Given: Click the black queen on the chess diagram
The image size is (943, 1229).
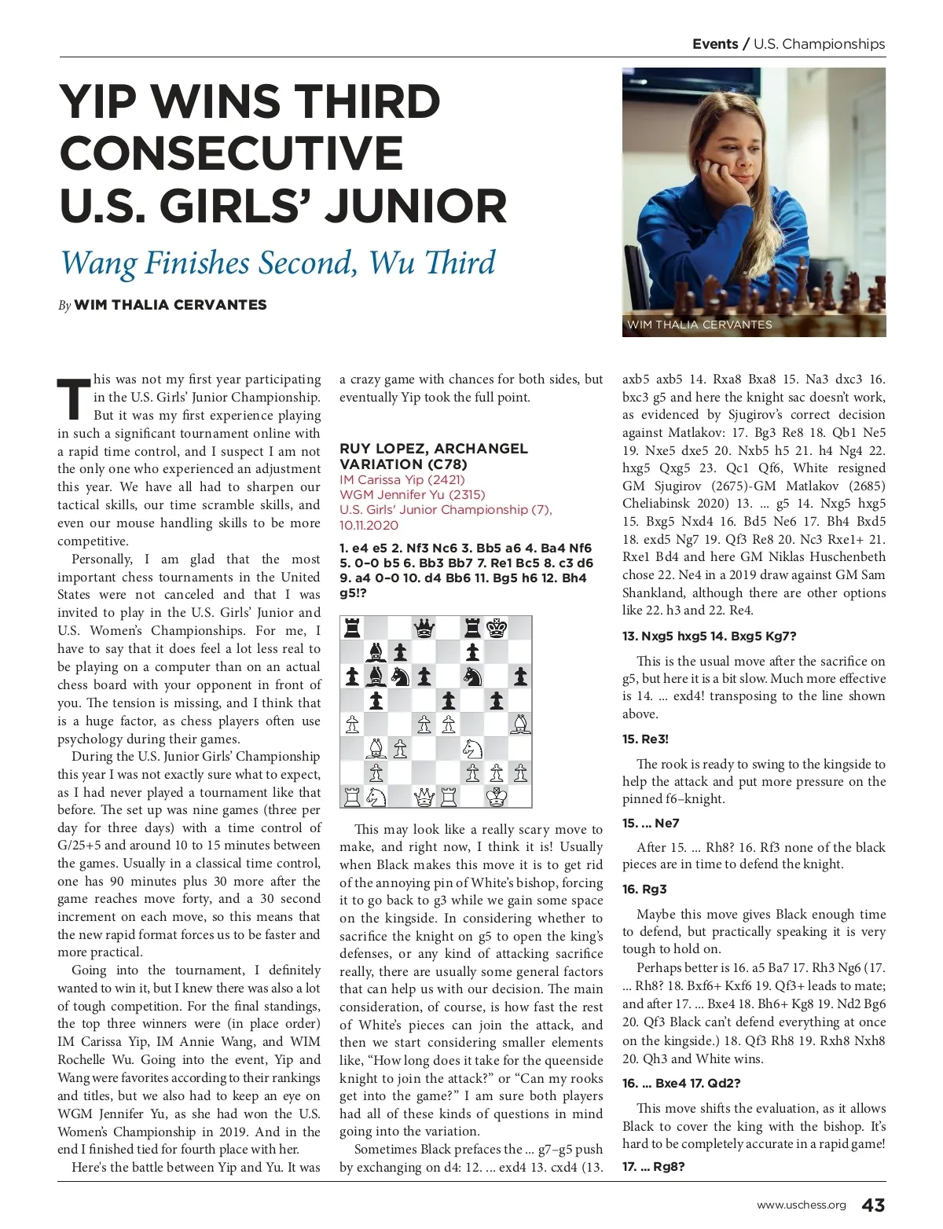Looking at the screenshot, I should tap(424, 627).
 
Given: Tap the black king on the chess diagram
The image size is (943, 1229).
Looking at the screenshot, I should tap(497, 627).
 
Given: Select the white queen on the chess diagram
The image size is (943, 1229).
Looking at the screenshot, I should tap(424, 797).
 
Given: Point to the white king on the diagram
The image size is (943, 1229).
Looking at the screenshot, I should tap(497, 797).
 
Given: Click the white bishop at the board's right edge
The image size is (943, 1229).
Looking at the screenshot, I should tap(520, 724).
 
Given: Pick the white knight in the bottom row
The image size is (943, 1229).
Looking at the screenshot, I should tap(376, 797).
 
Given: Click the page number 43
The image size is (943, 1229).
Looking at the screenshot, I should tap(873, 1205).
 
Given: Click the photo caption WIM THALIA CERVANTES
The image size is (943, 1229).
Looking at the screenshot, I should tap(699, 325).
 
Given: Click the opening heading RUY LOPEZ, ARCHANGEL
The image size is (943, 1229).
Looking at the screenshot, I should tap(433, 449).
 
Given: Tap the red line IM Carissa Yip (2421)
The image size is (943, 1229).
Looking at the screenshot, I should tap(402, 480).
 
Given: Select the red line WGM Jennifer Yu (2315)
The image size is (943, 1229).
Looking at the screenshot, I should tap(412, 495).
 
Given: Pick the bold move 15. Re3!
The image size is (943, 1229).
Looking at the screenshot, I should tap(645, 739).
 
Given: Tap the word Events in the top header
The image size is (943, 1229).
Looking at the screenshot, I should tap(714, 44).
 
